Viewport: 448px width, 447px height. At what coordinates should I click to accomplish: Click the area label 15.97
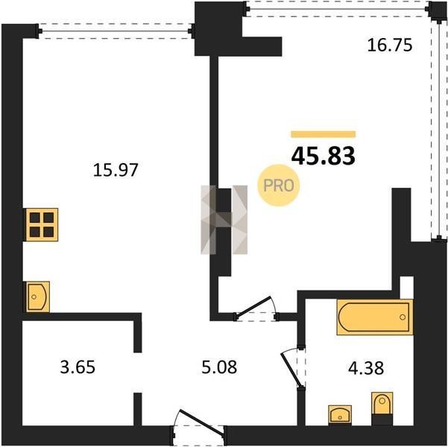click(116, 170)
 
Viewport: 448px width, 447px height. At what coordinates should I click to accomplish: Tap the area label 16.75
click(390, 45)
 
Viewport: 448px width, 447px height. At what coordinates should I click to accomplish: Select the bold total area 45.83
click(324, 156)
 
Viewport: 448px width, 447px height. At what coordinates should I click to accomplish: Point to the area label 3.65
click(78, 367)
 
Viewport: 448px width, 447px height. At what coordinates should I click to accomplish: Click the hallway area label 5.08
click(219, 367)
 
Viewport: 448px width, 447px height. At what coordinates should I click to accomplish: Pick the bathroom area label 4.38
click(366, 367)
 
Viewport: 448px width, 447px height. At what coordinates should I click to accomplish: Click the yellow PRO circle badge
click(278, 186)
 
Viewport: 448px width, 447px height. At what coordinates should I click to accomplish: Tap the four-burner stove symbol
click(42, 224)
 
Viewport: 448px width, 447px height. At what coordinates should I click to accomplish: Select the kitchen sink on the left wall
click(38, 297)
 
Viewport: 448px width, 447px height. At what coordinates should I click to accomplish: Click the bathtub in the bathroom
click(375, 317)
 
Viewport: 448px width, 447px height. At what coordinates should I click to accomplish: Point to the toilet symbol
click(382, 408)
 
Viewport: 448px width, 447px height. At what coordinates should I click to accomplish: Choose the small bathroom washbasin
click(340, 414)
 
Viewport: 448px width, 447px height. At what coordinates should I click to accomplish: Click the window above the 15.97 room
click(115, 31)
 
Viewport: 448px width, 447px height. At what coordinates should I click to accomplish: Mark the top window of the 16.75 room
click(337, 9)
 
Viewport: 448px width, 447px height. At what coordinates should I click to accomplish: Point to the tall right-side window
click(439, 130)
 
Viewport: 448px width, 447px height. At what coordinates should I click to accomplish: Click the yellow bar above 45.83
click(324, 134)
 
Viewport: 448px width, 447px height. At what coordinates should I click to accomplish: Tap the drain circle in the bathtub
click(403, 317)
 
